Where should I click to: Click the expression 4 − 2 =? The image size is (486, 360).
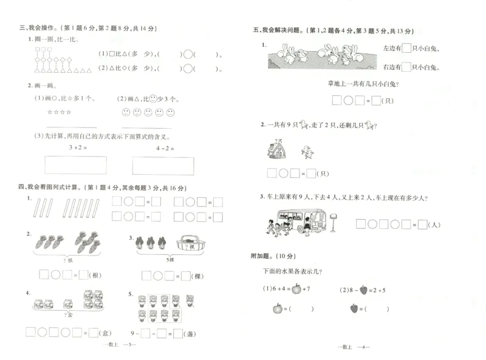[x=165, y=148]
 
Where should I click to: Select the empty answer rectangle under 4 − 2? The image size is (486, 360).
[x=163, y=166]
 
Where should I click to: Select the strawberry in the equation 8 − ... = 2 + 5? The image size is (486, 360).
[x=364, y=289]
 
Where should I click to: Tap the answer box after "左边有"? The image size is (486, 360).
[x=407, y=49]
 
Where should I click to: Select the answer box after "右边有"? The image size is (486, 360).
[x=407, y=67]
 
